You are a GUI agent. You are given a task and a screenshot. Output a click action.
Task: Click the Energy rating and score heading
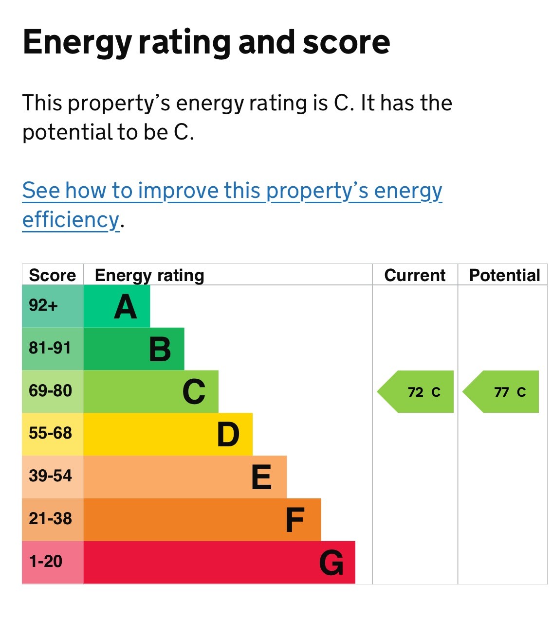[x=206, y=43]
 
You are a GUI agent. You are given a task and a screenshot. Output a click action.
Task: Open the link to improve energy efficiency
[x=232, y=191]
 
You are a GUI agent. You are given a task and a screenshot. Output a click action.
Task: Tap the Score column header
[x=53, y=275]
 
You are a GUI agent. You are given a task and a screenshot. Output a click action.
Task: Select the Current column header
[x=415, y=275]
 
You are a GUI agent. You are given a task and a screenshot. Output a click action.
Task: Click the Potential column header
[x=504, y=275]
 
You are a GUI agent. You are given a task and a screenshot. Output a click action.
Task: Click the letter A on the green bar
[x=125, y=307]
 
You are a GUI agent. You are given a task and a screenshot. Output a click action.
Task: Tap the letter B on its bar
[x=160, y=350]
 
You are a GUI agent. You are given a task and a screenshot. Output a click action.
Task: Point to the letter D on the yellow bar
[x=228, y=435]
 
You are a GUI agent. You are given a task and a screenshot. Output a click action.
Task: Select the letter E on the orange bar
[x=261, y=477]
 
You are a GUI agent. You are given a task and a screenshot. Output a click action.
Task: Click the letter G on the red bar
[x=331, y=563]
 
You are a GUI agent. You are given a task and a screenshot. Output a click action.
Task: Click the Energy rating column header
[x=149, y=275]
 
